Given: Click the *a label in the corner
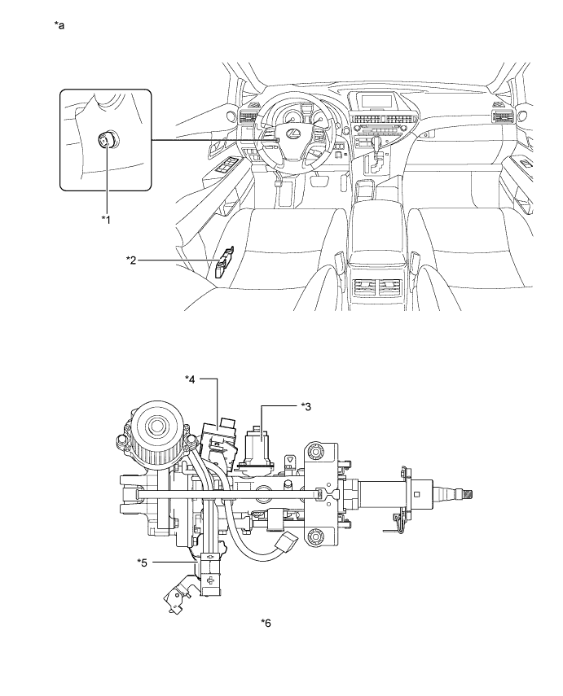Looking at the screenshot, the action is pyautogui.click(x=59, y=25).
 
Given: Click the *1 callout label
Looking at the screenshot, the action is pyautogui.click(x=106, y=219).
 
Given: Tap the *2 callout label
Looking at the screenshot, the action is pyautogui.click(x=131, y=260).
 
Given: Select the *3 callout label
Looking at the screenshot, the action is pyautogui.click(x=306, y=406).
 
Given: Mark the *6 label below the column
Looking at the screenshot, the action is pyautogui.click(x=266, y=624).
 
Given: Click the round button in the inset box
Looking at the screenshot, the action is pyautogui.click(x=106, y=141).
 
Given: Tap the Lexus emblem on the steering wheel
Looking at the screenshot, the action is pyautogui.click(x=292, y=132).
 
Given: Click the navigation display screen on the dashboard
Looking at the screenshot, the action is pyautogui.click(x=379, y=101).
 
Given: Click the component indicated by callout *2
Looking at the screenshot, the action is pyautogui.click(x=222, y=262).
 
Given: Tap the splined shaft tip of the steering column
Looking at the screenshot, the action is pyautogui.click(x=468, y=492).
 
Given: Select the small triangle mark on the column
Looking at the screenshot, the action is pyautogui.click(x=290, y=460).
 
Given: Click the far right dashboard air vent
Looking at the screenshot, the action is pyautogui.click(x=499, y=116).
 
